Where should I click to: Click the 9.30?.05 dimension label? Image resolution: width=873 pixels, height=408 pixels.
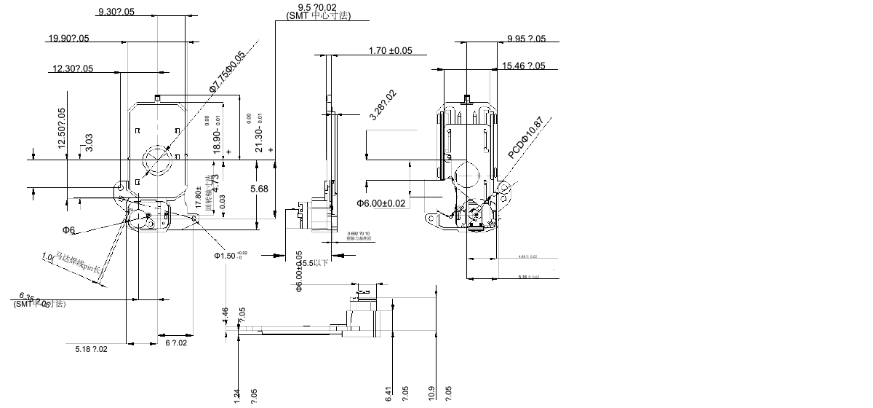click(x=116, y=12)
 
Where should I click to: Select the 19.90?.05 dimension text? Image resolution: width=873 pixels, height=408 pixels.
click(x=68, y=39)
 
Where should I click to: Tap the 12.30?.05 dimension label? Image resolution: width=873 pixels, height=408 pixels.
click(x=73, y=69)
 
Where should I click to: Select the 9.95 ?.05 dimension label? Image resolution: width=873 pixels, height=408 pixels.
click(x=526, y=39)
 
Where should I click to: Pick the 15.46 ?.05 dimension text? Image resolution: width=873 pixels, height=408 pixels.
click(x=523, y=66)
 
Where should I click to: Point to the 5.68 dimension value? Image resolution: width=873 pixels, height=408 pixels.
click(x=259, y=189)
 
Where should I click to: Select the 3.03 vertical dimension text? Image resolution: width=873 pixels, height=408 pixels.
click(x=89, y=142)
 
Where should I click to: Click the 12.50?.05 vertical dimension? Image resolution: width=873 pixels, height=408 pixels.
click(x=61, y=129)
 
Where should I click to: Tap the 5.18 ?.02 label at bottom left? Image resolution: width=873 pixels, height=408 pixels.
click(x=91, y=350)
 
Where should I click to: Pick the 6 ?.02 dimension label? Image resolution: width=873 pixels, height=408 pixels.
click(x=176, y=342)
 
